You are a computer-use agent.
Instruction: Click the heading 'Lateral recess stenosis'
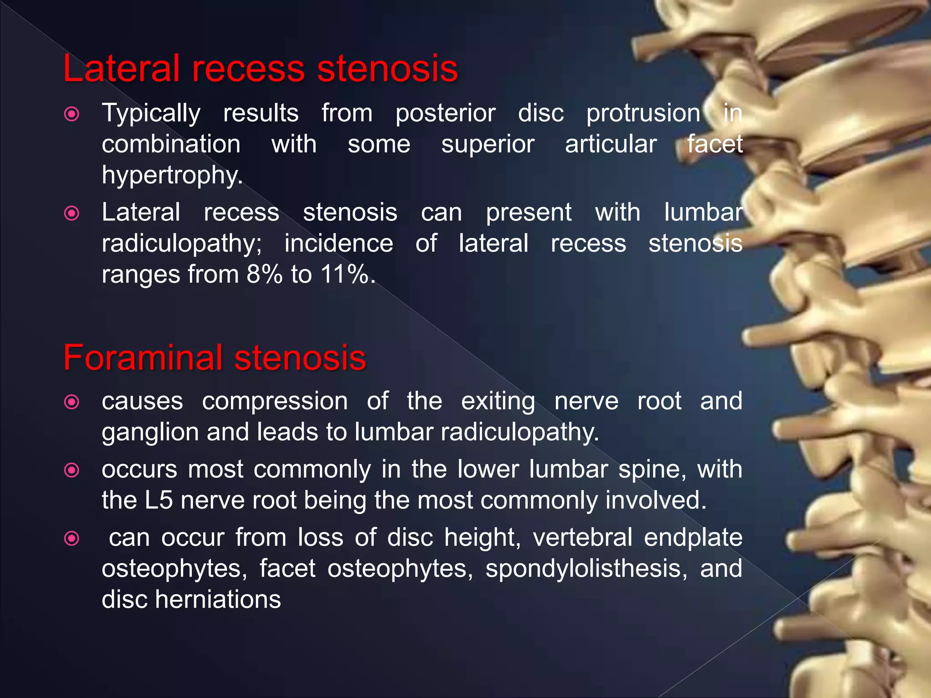coord(260,69)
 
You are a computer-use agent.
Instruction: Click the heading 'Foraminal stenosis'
coord(215,358)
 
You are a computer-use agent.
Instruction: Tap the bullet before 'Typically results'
coord(72,114)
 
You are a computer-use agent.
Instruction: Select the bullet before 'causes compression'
coord(72,402)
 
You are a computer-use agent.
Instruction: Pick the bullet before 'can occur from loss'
coord(72,539)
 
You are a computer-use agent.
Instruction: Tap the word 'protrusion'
coord(643,113)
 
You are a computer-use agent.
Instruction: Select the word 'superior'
coord(488,145)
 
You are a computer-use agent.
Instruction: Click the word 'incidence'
coord(339,244)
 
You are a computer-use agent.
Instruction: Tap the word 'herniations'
coord(218,599)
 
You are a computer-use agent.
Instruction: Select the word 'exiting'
coord(498,402)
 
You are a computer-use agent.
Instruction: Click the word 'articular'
coord(611,145)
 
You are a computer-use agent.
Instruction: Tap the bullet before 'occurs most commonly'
coord(72,470)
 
